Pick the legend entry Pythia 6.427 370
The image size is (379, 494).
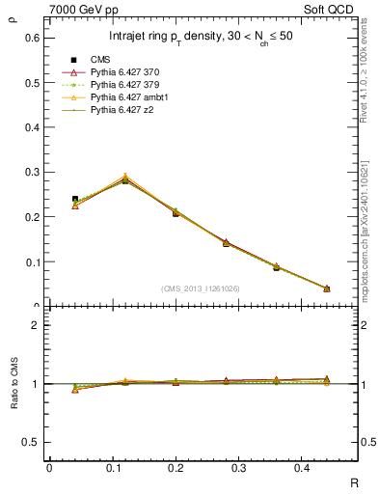(126, 72)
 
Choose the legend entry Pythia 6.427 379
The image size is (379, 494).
(126, 85)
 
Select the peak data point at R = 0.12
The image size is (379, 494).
(125, 179)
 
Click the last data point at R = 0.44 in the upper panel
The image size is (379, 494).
(326, 288)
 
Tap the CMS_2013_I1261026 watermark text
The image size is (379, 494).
(203, 288)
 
